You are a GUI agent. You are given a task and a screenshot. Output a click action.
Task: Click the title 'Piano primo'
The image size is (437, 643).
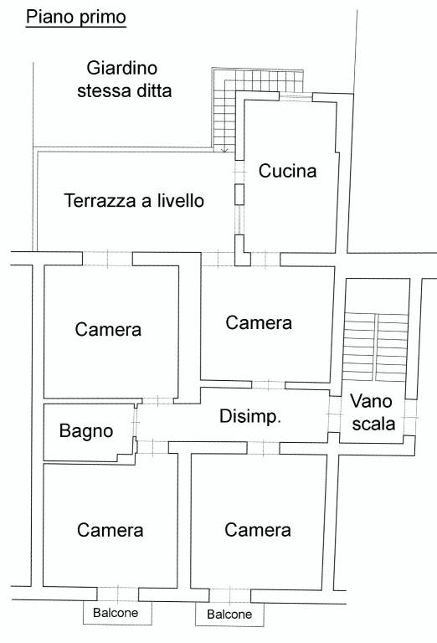coord(76,18)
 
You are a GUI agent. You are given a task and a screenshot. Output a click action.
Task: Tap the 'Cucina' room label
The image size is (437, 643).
coord(287,171)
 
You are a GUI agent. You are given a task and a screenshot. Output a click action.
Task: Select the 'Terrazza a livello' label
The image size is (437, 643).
coord(134,201)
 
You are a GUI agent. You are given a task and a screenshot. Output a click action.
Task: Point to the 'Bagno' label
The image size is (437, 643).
coord(86,431)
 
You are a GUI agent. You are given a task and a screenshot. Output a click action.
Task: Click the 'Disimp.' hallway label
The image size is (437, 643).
coord(250,416)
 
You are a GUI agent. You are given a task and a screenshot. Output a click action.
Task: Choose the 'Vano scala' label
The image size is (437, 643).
coord(373,412)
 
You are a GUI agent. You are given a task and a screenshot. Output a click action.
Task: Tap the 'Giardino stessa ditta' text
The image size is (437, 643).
coord(124,80)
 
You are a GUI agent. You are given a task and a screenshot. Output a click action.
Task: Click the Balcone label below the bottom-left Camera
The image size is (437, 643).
coord(116,613)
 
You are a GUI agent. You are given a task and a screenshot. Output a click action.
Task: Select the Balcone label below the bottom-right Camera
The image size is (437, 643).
coord(229,615)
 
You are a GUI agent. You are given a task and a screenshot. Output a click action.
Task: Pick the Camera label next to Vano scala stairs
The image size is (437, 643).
coord(259,322)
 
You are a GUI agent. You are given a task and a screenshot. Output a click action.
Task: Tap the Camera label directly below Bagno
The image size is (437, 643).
coord(111,530)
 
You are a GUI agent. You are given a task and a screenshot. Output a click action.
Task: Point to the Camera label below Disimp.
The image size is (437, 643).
coord(258,529)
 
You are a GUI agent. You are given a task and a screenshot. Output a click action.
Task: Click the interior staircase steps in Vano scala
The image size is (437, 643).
coord(376,347)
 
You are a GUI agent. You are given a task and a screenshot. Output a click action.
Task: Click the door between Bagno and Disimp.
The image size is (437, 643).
coord(135,422)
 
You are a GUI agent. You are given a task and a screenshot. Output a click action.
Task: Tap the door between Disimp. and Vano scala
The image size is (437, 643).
coord(335,414)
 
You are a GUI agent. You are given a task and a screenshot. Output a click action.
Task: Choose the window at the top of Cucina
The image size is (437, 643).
coord(296,97)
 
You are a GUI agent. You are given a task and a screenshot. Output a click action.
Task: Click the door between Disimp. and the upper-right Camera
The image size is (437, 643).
coord(268,385)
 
